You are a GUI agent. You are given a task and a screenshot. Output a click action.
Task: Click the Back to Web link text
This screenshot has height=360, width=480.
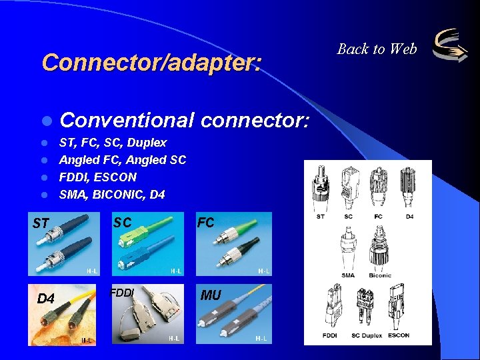(377, 49)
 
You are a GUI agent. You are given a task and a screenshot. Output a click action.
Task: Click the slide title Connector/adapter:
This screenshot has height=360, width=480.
(152, 62)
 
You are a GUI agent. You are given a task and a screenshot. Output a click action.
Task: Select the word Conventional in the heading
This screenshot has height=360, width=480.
(127, 121)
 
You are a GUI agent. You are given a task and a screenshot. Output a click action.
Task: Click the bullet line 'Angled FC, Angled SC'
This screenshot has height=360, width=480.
(123, 160)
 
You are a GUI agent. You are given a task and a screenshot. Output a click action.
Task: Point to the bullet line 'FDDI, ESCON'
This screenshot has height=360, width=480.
(98, 177)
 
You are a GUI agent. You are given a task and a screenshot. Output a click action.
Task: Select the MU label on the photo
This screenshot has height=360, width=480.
(211, 295)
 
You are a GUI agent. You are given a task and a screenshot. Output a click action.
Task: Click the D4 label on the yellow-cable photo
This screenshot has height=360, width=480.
(45, 298)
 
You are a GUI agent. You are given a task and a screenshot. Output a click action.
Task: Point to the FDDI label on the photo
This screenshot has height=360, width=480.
(122, 292)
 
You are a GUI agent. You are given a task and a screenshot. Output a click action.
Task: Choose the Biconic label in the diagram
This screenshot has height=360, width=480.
(380, 275)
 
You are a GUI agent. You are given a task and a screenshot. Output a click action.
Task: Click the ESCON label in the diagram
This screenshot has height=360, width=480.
(399, 335)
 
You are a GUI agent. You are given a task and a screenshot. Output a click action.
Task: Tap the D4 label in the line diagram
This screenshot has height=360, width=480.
(409, 217)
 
